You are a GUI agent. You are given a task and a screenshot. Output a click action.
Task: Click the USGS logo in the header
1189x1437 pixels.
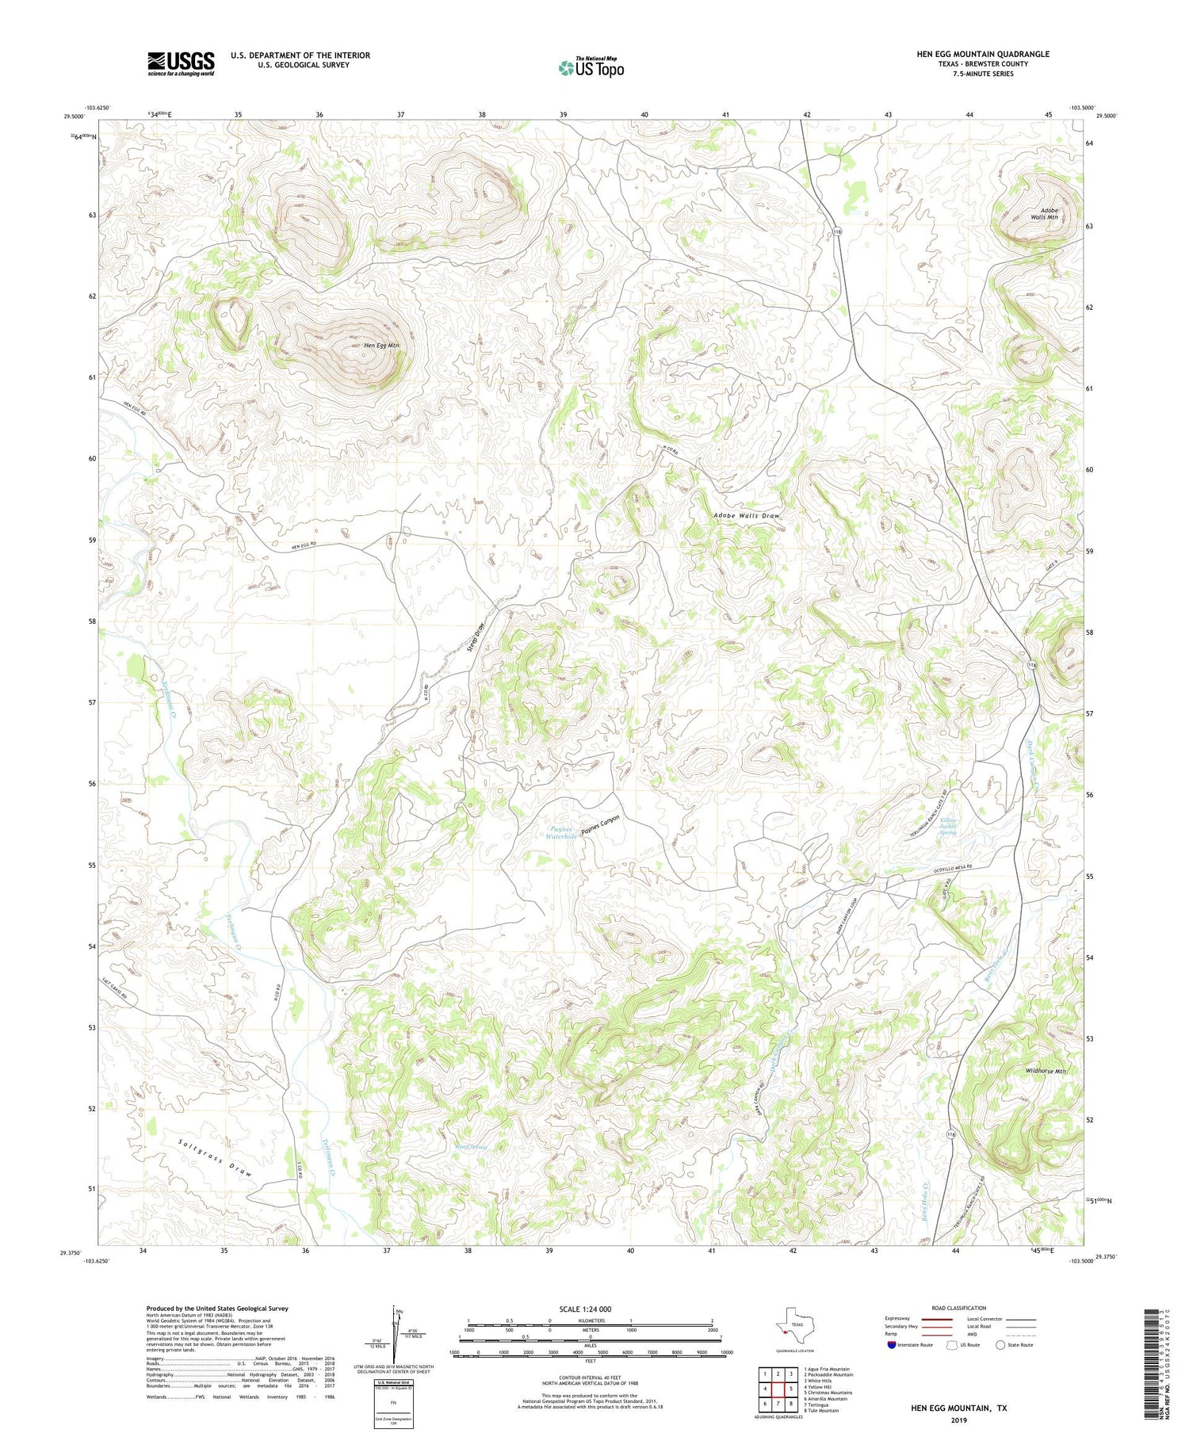tap(181, 63)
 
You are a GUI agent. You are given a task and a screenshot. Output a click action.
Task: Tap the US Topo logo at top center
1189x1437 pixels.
tap(591, 67)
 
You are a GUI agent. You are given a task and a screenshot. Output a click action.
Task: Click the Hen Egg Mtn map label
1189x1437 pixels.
tap(380, 346)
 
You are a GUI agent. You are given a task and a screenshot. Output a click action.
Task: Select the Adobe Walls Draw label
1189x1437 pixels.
tap(746, 516)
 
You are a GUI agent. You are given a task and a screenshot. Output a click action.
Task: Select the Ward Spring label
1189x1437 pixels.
tap(470, 1146)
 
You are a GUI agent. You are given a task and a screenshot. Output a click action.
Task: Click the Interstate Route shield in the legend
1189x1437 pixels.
tap(891, 1345)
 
